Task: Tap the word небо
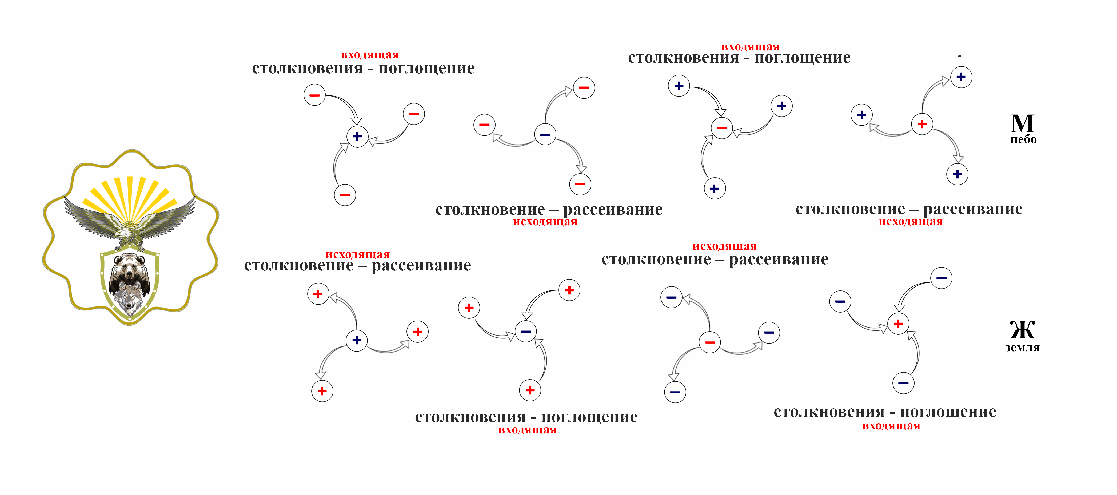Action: click(1023, 139)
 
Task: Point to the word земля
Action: click(1023, 348)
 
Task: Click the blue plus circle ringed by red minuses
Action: click(357, 137)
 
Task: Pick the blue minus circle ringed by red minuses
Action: click(545, 134)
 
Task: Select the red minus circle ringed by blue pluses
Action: click(721, 128)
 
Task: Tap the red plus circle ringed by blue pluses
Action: click(922, 124)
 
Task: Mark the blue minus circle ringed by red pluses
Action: click(525, 332)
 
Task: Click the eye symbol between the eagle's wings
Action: click(129, 224)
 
